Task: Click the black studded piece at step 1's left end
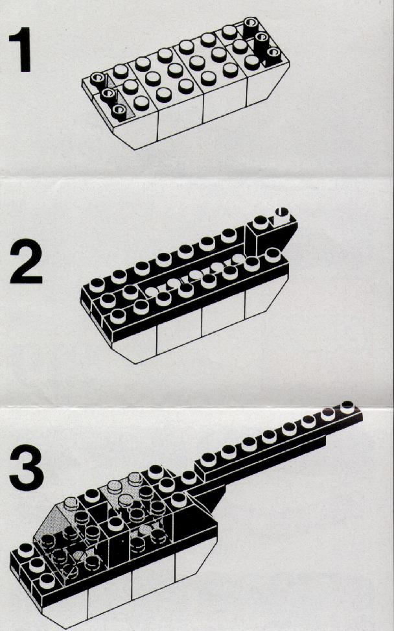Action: coord(107,94)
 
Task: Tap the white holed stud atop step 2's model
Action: coord(281,213)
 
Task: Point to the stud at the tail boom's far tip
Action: coord(347,408)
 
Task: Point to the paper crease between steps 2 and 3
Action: coord(197,403)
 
